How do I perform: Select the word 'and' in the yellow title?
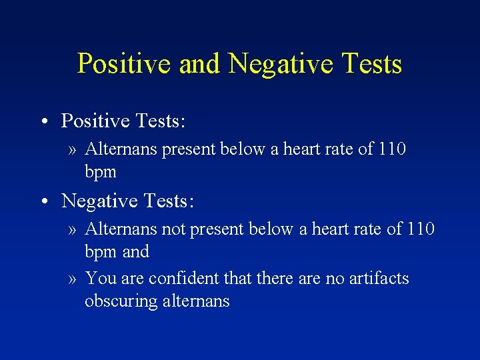point(200,64)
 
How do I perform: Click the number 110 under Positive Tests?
point(391,149)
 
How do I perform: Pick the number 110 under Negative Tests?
point(420,229)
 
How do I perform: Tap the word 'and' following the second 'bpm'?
point(136,252)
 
